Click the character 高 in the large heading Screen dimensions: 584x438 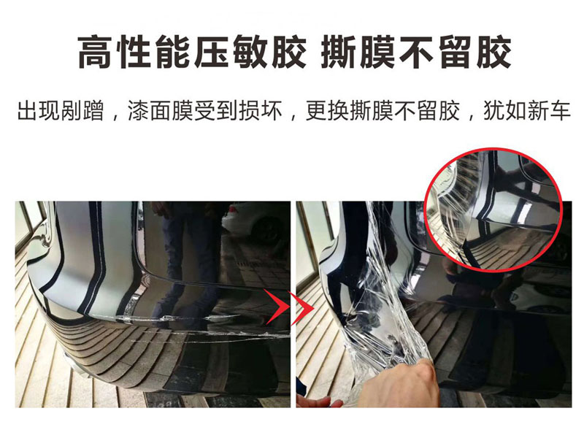(95, 52)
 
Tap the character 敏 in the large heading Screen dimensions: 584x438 (250, 52)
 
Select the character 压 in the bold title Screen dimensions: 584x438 (211, 52)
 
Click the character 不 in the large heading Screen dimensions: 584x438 (415, 52)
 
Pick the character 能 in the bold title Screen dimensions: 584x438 (172, 52)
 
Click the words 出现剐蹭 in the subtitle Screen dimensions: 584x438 (61, 111)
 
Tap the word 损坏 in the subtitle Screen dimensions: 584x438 (260, 111)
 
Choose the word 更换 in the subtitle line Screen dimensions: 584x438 (327, 111)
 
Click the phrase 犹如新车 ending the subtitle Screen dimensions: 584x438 (526, 111)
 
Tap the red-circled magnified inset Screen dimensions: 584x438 (493, 210)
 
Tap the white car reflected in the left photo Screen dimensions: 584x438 (257, 223)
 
